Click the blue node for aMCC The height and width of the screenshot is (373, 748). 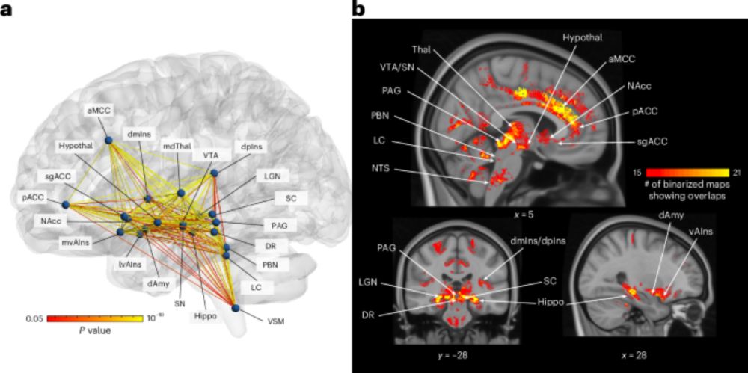108,140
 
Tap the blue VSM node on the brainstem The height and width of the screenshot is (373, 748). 235,308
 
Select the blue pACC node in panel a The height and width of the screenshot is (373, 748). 65,205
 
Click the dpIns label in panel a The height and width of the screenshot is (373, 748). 250,147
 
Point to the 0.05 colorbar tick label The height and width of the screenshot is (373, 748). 35,318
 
